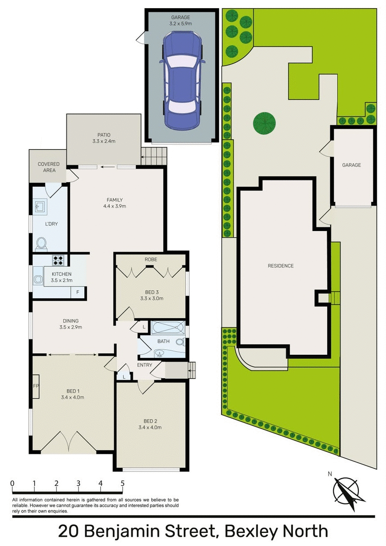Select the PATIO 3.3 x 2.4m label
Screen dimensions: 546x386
click(x=103, y=138)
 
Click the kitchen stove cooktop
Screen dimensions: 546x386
click(x=59, y=260)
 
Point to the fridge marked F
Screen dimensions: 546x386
click(x=78, y=292)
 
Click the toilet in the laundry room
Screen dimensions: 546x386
click(x=41, y=243)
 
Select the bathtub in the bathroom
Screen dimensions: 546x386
click(x=167, y=326)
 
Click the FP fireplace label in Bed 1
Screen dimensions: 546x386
click(x=35, y=386)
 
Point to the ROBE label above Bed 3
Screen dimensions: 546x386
click(x=150, y=260)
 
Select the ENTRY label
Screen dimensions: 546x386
click(x=144, y=365)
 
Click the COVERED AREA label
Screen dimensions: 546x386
click(x=48, y=167)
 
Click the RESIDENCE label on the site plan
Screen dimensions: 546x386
click(x=281, y=266)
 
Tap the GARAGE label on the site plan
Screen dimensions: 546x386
click(x=351, y=165)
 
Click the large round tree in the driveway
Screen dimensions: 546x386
click(x=264, y=122)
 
